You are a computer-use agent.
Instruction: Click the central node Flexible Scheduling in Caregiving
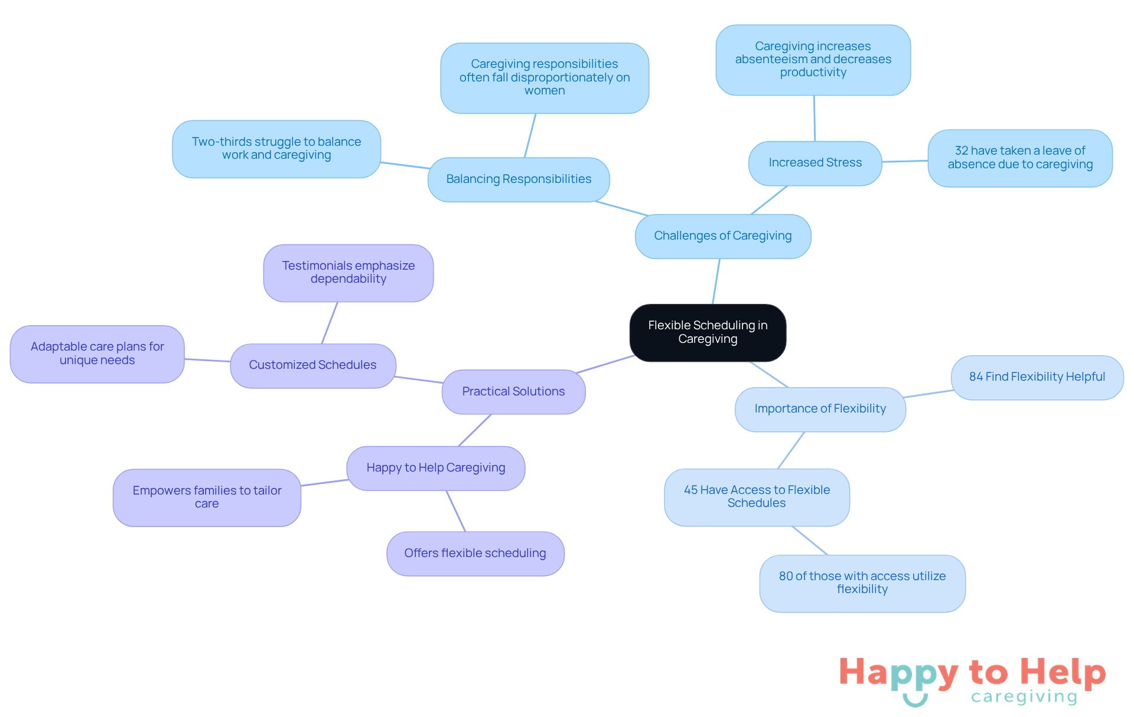click(x=708, y=332)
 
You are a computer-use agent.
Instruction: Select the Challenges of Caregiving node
click(x=723, y=236)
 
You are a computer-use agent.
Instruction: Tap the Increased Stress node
click(x=815, y=163)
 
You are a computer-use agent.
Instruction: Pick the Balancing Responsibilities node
click(x=519, y=179)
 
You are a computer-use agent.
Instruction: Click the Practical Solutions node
click(x=513, y=392)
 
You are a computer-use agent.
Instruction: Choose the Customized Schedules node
click(x=312, y=365)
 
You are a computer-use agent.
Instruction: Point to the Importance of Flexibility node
click(x=820, y=409)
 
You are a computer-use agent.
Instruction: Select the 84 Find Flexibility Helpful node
click(x=1037, y=377)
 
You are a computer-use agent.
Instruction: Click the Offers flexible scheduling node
click(x=475, y=554)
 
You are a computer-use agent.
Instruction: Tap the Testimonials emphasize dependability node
click(x=348, y=273)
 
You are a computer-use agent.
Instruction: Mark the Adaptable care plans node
click(x=97, y=353)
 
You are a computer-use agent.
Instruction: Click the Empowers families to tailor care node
click(x=207, y=497)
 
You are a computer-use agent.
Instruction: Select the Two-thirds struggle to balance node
click(x=276, y=149)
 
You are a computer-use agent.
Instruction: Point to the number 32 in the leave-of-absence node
click(x=962, y=151)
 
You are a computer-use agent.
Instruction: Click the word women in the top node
click(x=545, y=91)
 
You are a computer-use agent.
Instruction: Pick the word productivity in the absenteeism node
click(x=813, y=73)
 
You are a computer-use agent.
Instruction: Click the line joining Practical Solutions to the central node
click(x=605, y=364)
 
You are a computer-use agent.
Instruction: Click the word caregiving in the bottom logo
click(x=1024, y=697)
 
